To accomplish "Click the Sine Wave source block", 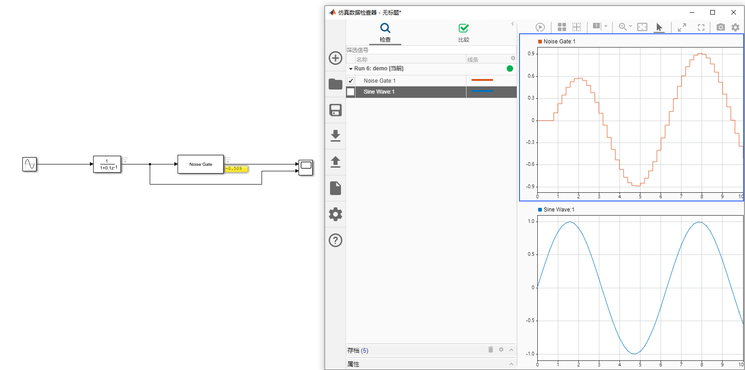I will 29,164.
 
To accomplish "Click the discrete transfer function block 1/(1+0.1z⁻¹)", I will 107,164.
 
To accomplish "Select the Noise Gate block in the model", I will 200,164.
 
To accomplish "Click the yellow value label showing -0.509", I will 236,169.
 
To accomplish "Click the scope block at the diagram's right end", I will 306,167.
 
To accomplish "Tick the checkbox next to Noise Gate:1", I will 351,81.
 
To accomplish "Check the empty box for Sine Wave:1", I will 351,92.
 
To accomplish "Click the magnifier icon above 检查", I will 385,28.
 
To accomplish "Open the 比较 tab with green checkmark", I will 463,32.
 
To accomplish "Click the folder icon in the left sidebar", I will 336,84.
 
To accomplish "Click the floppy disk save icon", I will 336,110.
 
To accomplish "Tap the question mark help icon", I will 336,240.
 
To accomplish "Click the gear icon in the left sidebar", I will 336,214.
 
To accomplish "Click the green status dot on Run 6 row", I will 510,69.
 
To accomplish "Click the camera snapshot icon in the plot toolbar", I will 720,27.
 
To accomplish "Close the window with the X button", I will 734,12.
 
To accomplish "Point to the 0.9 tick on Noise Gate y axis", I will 531,53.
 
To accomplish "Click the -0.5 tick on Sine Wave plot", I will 530,321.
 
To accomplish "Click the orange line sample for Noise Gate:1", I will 482,80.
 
